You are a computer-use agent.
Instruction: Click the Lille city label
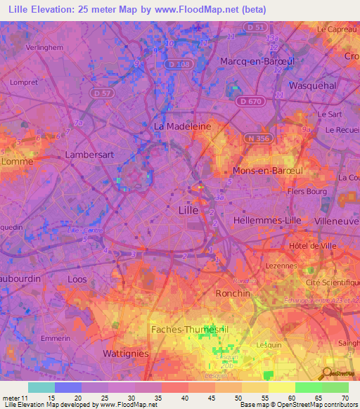tap(188, 210)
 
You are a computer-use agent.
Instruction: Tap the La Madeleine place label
tap(182, 126)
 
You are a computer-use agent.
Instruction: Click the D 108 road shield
tap(181, 64)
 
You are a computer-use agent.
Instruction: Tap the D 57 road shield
tap(101, 92)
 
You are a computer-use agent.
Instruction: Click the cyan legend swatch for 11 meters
tap(41, 387)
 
